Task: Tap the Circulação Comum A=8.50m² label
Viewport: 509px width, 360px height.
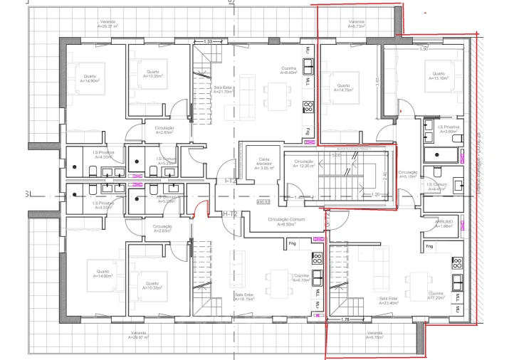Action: click(x=286, y=221)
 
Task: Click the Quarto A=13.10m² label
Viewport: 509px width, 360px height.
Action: click(x=437, y=75)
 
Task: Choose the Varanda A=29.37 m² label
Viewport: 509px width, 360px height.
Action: click(x=111, y=23)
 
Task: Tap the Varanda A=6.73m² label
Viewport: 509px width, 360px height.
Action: click(x=357, y=24)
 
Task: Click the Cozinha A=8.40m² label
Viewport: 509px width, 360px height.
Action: click(x=288, y=70)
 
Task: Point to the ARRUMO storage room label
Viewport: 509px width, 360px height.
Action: click(x=445, y=223)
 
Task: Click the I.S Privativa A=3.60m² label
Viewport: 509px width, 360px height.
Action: click(x=448, y=129)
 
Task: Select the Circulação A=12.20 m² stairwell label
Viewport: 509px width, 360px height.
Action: click(x=304, y=164)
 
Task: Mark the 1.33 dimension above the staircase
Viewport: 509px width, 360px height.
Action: click(x=208, y=42)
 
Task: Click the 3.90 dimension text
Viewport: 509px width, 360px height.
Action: click(x=423, y=49)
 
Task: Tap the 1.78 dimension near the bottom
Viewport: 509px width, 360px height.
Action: click(x=345, y=319)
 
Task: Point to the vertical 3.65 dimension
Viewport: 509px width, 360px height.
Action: click(x=377, y=82)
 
